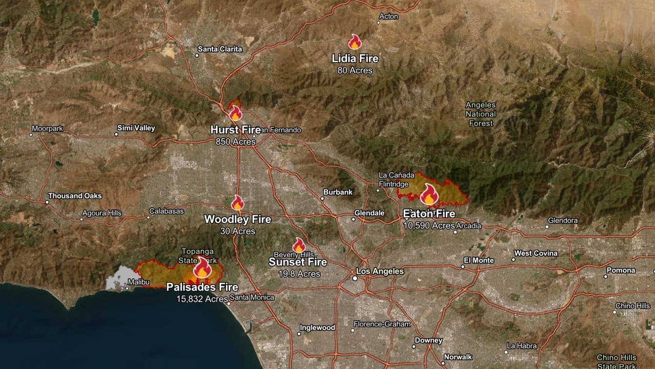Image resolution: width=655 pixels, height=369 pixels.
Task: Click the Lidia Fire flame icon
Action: point(355,42)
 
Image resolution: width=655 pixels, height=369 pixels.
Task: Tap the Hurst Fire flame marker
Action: point(235,113)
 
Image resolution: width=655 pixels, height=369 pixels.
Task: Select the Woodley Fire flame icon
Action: point(237,203)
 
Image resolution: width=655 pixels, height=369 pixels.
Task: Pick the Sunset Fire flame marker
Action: point(299,245)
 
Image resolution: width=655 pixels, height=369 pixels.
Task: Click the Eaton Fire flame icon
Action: point(429,195)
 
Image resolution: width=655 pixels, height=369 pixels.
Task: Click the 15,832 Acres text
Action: point(202,299)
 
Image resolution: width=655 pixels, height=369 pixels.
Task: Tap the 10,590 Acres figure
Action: point(429,225)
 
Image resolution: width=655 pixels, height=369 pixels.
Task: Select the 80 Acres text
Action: point(355,70)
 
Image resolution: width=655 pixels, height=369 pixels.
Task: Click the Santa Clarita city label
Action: point(220,49)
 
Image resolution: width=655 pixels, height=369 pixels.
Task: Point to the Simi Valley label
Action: point(136,128)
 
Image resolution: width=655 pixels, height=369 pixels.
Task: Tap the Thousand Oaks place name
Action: point(75,196)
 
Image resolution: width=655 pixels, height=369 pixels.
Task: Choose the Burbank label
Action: point(338,192)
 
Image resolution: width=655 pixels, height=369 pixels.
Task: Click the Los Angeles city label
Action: point(380,271)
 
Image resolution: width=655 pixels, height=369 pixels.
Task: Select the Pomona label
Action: point(621,270)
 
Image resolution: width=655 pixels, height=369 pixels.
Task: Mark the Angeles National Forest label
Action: point(481,114)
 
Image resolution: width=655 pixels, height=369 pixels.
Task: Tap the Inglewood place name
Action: point(317,327)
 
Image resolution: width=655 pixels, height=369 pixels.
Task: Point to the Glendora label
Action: point(562,220)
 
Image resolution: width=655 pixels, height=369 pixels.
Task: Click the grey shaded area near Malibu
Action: point(119,278)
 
